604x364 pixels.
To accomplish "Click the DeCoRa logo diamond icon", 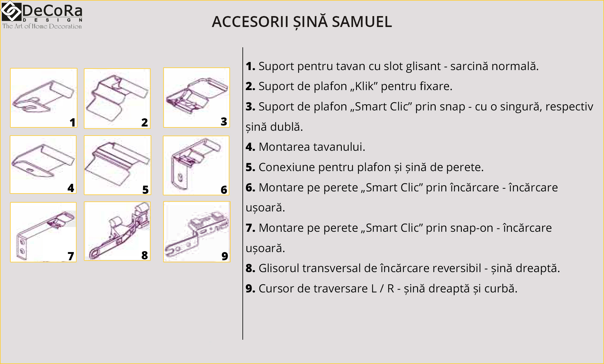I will click(11, 11).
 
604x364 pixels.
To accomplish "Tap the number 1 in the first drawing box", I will click(72, 122).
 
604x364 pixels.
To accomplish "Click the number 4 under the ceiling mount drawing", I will click(71, 188).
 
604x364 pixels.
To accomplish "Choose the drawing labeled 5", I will click(117, 164).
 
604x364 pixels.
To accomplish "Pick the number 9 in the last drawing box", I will click(225, 256).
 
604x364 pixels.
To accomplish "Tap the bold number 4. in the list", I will click(250, 147).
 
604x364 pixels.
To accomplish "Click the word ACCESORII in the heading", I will click(250, 22).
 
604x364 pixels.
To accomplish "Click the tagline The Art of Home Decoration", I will click(42, 26).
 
